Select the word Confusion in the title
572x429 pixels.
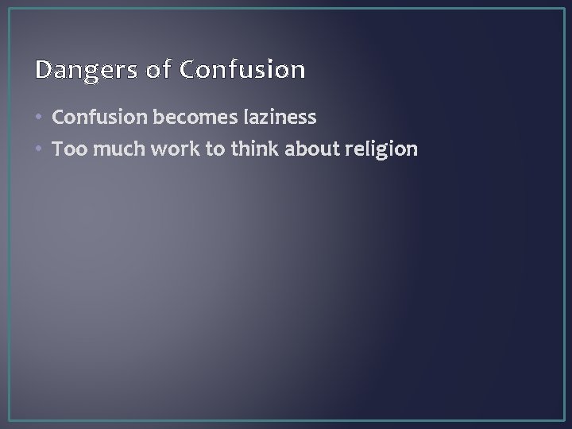coord(242,71)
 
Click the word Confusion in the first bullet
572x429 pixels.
coord(97,118)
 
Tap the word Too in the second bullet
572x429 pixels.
coord(70,149)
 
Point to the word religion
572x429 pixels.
coord(382,149)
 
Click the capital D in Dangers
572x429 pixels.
coord(43,71)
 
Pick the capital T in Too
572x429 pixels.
coord(58,149)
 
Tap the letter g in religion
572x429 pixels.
coord(382,151)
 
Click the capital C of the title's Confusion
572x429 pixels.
coord(188,71)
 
